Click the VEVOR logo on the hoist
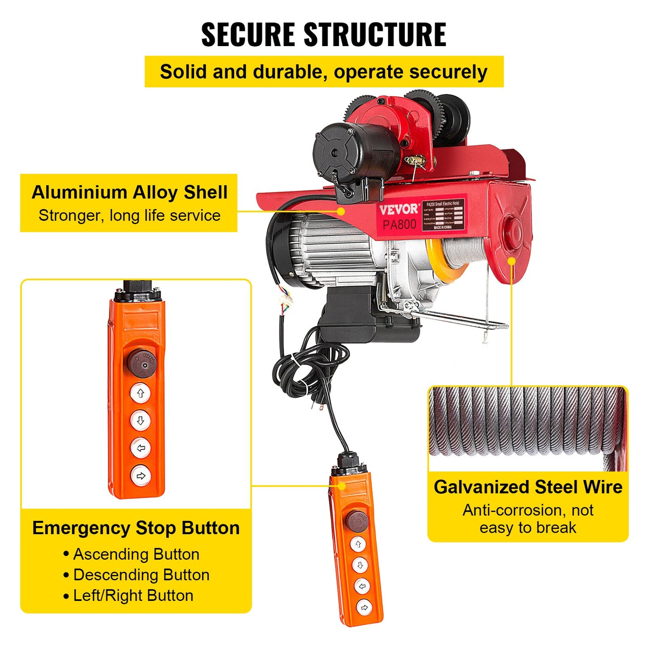(398, 209)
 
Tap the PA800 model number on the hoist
(399, 224)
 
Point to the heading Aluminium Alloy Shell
(129, 192)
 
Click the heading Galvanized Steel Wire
(528, 487)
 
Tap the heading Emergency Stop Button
(136, 528)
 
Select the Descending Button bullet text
(141, 575)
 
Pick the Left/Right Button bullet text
(133, 596)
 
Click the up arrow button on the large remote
(141, 393)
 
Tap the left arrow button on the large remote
(141, 448)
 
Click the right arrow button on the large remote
(141, 476)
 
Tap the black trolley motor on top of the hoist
(354, 152)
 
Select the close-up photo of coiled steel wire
(528, 428)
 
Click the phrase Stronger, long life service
(129, 215)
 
